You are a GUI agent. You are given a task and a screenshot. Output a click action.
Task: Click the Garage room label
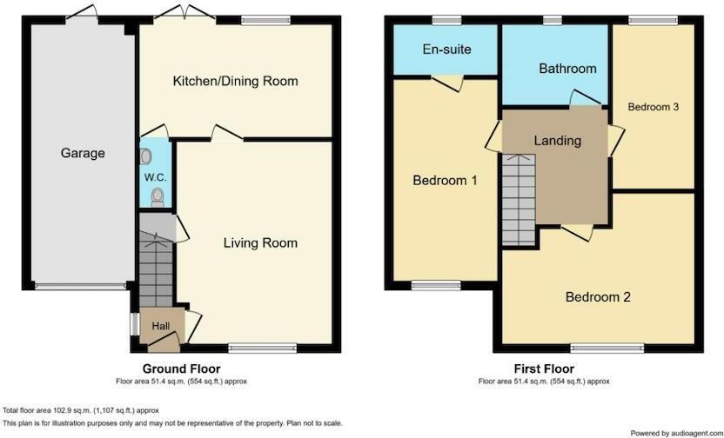tap(83, 153)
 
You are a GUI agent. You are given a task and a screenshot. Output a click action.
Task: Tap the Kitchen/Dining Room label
tap(235, 81)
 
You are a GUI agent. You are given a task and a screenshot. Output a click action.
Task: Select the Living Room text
tap(260, 242)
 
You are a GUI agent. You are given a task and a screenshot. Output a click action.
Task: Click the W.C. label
tap(155, 178)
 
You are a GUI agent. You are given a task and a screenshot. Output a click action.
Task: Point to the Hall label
tap(161, 325)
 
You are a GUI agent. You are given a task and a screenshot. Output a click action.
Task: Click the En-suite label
tap(446, 49)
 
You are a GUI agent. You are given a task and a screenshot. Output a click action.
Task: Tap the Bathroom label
tap(567, 69)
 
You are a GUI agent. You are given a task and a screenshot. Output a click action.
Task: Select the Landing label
tap(557, 140)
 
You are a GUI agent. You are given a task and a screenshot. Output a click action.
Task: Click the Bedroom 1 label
tap(445, 181)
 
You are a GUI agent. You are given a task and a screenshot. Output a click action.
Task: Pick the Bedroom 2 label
tap(598, 296)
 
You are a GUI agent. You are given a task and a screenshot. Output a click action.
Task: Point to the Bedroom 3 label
tap(653, 107)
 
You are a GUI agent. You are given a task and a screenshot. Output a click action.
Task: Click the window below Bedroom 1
tap(437, 283)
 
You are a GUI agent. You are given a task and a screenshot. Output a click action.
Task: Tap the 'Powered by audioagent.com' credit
tap(674, 432)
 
